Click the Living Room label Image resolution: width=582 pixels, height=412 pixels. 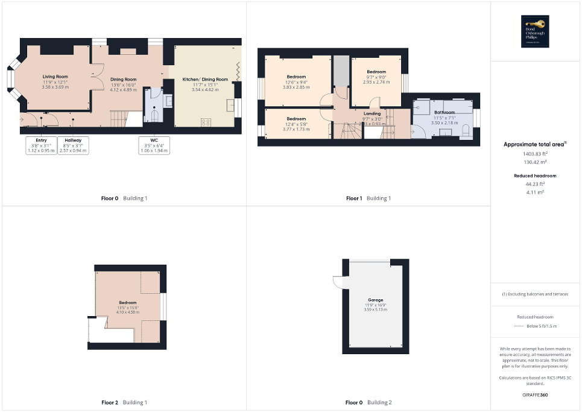point(55,77)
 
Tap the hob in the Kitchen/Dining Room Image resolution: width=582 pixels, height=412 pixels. point(206,122)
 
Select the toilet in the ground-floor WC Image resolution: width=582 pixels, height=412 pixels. point(154,114)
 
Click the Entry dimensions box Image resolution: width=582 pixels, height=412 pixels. point(37,145)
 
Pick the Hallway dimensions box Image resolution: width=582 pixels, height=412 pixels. point(73,145)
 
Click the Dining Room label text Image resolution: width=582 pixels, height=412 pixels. point(123,79)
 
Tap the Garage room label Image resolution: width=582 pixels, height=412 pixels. point(376,300)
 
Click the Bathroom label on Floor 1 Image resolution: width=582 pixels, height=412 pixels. point(444,112)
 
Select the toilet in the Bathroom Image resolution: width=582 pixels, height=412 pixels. point(465,130)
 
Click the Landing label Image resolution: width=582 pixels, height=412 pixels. point(372,113)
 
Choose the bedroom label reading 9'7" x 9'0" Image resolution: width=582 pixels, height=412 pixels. point(376,77)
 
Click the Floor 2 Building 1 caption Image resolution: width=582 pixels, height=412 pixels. point(124,402)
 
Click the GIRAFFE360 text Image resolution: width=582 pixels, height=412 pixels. point(536,395)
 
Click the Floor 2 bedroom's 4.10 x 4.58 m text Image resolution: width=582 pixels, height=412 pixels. point(128,312)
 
